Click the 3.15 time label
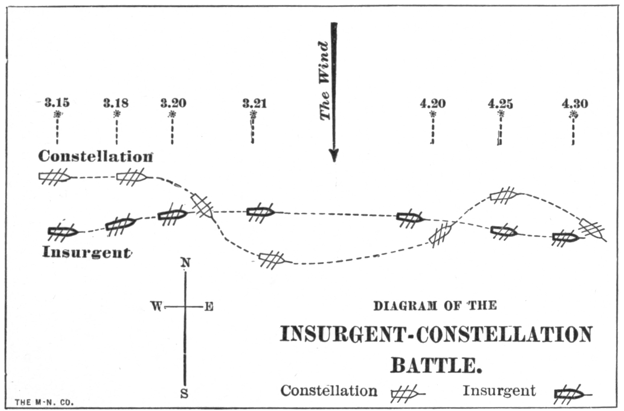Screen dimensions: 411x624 click(57, 103)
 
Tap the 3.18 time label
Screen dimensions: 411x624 click(116, 103)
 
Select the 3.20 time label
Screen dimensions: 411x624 click(173, 103)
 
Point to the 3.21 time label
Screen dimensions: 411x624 click(254, 103)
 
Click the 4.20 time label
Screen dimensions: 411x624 click(433, 104)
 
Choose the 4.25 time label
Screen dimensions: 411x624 click(500, 104)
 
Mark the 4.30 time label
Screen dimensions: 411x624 click(575, 104)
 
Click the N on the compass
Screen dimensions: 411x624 click(185, 263)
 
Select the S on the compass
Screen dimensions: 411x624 click(185, 394)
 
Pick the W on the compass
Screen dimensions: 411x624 click(156, 307)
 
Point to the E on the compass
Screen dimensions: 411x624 click(209, 307)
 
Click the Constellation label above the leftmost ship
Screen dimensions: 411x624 click(95, 156)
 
